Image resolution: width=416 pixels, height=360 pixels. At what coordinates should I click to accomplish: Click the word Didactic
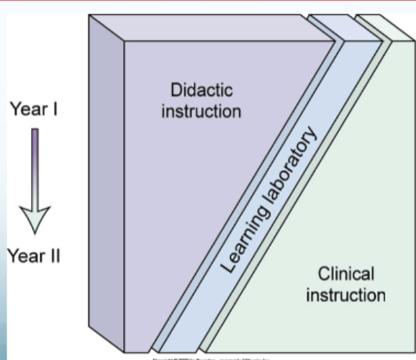coord(201,91)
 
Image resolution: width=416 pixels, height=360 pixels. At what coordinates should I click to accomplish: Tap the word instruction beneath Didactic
coord(201,112)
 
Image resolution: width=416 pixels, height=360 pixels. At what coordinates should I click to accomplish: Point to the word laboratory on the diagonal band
coord(291,168)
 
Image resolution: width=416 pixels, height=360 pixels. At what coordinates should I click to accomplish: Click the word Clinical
coord(345,274)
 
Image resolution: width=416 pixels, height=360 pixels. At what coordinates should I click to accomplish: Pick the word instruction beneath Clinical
coord(345,295)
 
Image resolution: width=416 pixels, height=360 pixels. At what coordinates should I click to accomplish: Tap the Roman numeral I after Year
coord(54,110)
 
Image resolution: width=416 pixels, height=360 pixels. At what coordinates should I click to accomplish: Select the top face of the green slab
coord(374,26)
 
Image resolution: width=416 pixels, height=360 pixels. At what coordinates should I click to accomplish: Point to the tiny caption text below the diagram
coord(209,356)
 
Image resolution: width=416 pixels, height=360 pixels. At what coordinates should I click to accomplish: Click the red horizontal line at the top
coord(208,2)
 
